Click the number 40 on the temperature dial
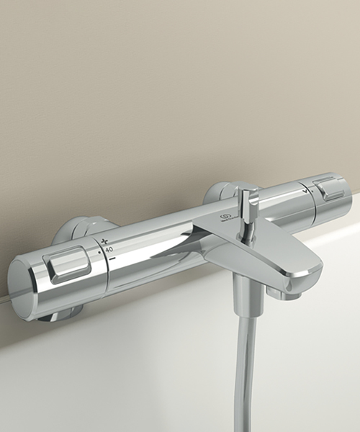(x=109, y=249)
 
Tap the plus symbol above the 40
(x=105, y=240)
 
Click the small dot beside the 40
(x=99, y=253)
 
